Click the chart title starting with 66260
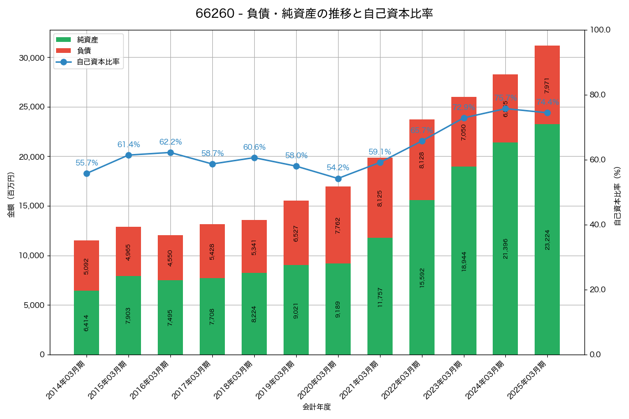click(314, 14)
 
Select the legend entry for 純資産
click(87, 40)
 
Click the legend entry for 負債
click(84, 51)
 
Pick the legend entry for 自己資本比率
click(98, 62)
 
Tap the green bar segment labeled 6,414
click(86, 323)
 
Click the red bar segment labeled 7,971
click(547, 85)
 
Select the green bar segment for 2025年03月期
click(547, 239)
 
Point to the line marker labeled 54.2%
click(338, 179)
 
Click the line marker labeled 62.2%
click(170, 152)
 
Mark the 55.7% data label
click(86, 163)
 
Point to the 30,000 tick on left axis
click(31, 58)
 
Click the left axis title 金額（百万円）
click(11, 193)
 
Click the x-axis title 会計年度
click(317, 407)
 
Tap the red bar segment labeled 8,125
click(380, 197)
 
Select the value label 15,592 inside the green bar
click(422, 278)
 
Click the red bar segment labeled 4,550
click(170, 258)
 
